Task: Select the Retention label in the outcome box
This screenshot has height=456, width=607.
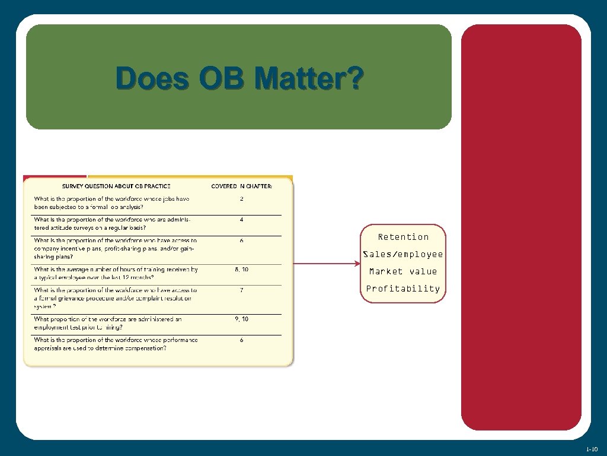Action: coord(403,237)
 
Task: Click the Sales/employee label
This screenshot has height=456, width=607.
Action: coord(403,254)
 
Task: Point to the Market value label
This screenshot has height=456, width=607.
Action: coord(403,271)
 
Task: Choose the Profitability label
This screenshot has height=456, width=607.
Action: coord(403,289)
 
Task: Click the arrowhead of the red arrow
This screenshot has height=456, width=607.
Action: coord(356,264)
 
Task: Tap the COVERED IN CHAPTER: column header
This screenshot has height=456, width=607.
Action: coord(242,186)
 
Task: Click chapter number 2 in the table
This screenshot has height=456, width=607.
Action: coord(242,198)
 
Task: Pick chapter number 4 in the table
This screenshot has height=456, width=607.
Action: coord(242,220)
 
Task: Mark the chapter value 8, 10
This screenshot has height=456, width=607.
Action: coord(242,269)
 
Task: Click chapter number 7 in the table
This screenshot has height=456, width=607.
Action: coord(242,290)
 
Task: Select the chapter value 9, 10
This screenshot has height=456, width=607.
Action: coord(242,319)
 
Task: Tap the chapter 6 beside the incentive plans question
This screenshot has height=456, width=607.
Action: coord(242,241)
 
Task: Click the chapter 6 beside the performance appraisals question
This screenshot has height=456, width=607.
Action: coord(242,340)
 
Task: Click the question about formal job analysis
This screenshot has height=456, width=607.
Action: coord(111,202)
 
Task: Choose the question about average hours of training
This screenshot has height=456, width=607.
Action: coord(116,273)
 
